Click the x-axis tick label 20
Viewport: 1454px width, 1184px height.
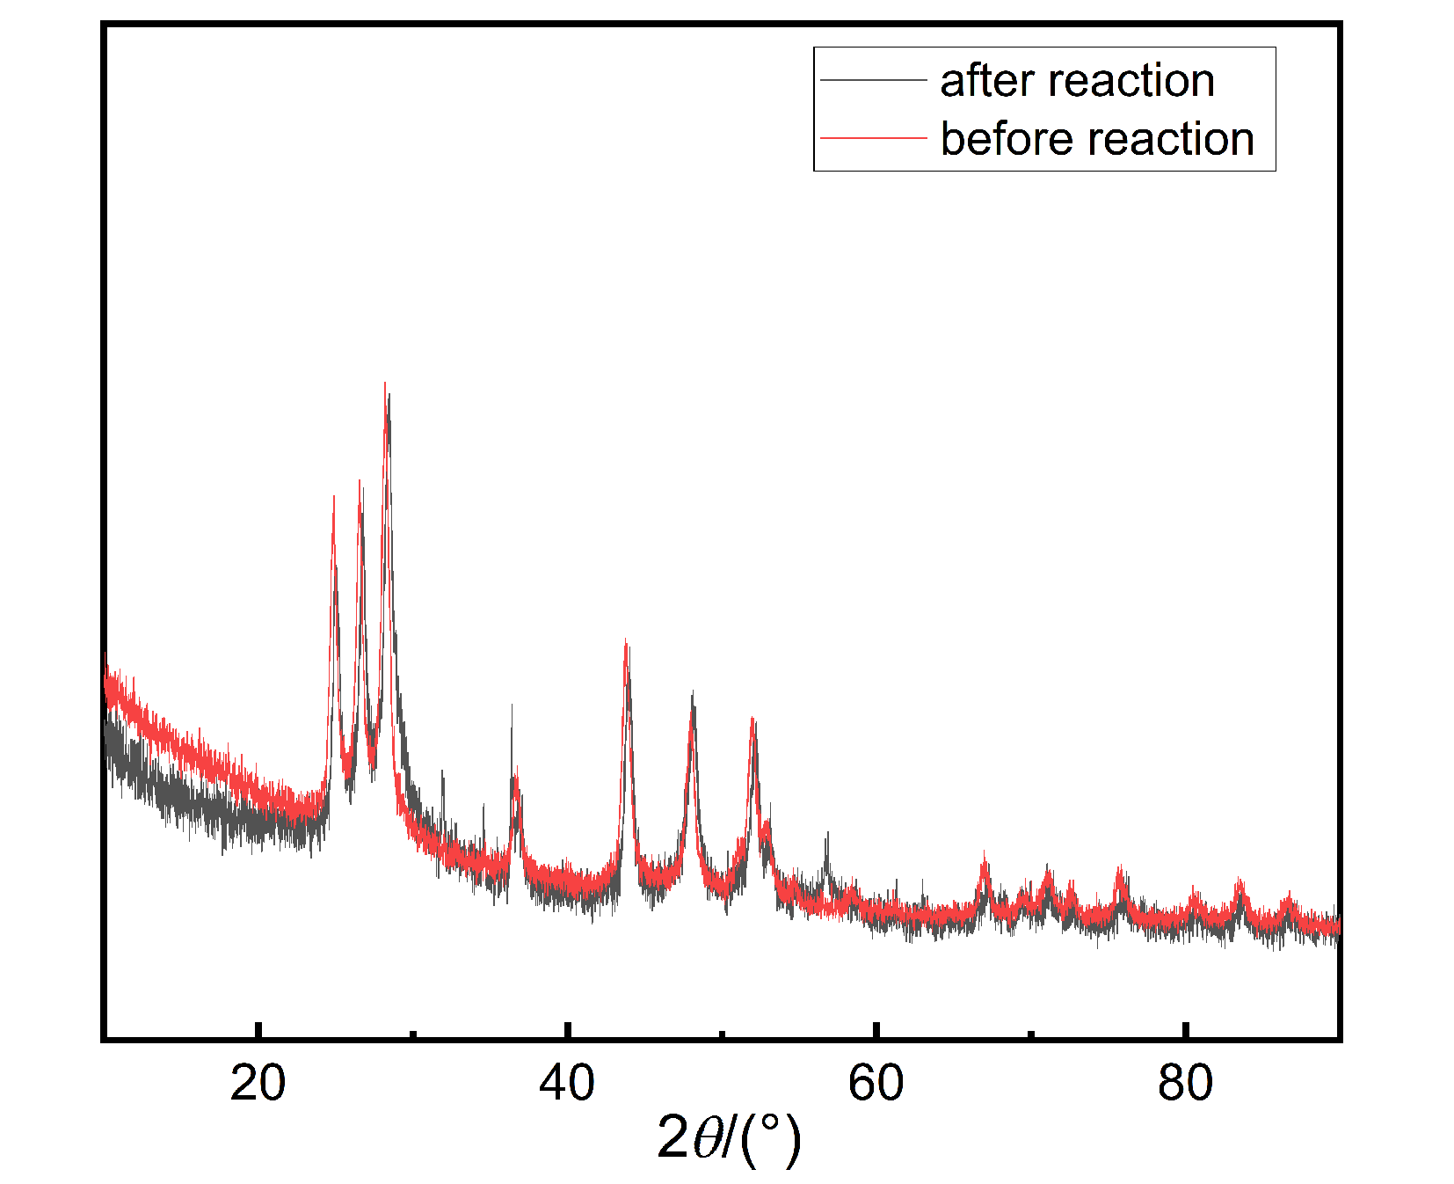(258, 1083)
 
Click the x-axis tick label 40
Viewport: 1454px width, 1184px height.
(567, 1083)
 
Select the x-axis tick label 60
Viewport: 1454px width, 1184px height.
(876, 1083)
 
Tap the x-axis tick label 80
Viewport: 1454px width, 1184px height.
(1185, 1083)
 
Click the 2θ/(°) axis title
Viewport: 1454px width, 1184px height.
(729, 1138)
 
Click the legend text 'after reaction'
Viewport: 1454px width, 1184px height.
(1077, 80)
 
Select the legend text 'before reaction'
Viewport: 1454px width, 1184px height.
(1096, 139)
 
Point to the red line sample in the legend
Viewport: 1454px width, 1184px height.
(873, 138)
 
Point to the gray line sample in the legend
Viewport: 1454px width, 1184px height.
(873, 80)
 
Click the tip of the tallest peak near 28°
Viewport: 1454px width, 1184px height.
(385, 384)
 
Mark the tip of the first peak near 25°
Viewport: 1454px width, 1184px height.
(333, 497)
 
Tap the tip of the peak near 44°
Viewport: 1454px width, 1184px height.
(625, 640)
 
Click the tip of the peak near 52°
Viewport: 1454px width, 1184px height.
(752, 720)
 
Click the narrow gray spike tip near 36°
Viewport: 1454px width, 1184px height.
(512, 705)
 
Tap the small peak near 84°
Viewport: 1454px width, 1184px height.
(1240, 880)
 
